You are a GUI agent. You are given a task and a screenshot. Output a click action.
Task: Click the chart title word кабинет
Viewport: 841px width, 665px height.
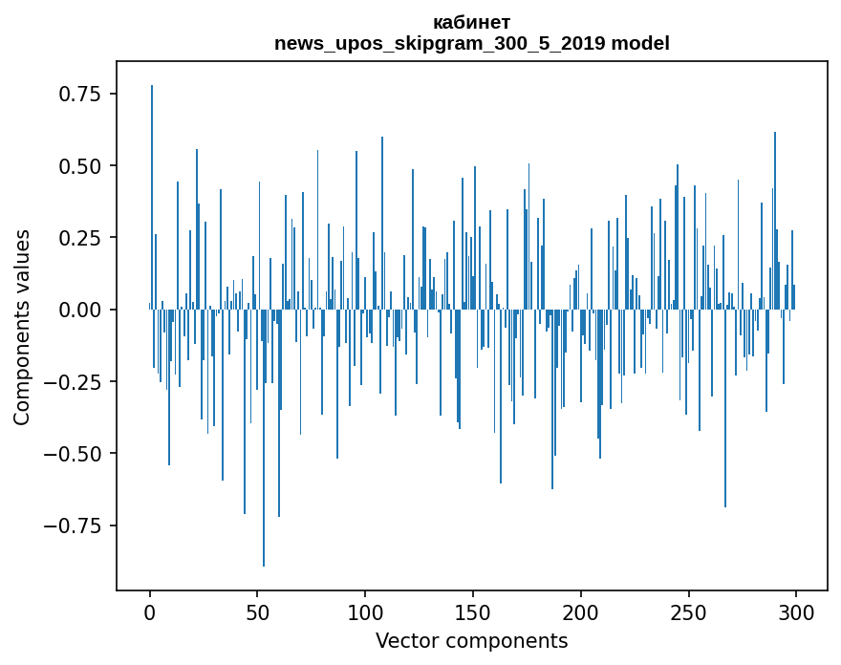[x=471, y=23]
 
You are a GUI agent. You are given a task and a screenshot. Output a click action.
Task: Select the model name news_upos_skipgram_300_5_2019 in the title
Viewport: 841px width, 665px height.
[x=442, y=44]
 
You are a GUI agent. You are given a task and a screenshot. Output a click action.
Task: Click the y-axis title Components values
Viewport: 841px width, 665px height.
[x=22, y=327]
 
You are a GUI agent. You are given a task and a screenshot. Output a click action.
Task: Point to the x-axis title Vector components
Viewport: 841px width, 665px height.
[x=471, y=641]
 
